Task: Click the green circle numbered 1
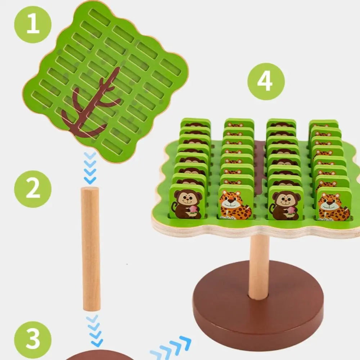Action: coord(33,24)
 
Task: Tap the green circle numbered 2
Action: coord(33,189)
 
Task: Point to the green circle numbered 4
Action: coord(266,81)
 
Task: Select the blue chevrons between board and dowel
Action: coord(90,168)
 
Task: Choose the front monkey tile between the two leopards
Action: coord(285,203)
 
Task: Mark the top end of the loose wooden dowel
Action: coord(90,190)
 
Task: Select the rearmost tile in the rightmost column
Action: coord(323,123)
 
